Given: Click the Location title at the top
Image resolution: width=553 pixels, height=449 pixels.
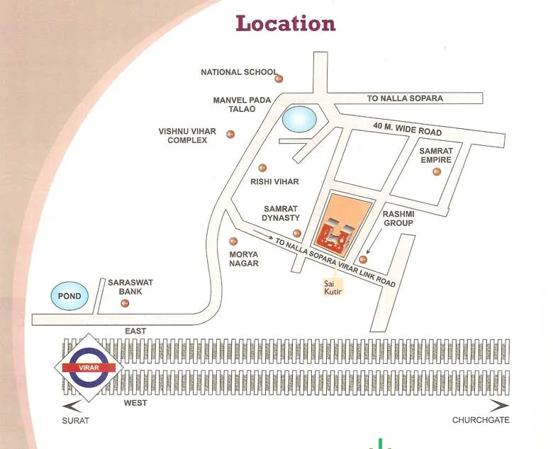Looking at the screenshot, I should (x=285, y=23).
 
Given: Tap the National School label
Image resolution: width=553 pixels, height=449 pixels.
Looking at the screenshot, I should (x=239, y=72).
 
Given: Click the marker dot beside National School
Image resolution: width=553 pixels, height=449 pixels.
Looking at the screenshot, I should (x=279, y=79).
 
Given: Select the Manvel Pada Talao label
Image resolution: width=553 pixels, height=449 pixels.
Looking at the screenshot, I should (x=242, y=106).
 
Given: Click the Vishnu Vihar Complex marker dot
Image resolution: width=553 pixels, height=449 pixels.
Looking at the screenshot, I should (x=230, y=134).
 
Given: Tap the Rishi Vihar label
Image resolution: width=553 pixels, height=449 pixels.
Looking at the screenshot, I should (x=274, y=182).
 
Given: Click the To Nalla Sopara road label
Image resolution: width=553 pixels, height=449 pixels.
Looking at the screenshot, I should (x=405, y=98).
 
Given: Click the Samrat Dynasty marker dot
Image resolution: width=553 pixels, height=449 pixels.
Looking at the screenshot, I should (x=297, y=233).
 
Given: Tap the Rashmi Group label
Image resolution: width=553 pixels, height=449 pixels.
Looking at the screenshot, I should (x=398, y=218).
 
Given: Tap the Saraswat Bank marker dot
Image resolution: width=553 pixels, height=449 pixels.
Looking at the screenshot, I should (x=125, y=303).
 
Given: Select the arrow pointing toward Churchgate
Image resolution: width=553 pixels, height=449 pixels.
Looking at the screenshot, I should (x=499, y=406).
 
